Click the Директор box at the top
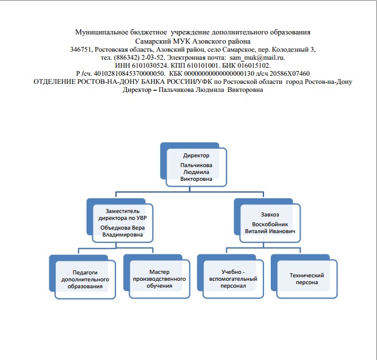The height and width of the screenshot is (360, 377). [x=193, y=165]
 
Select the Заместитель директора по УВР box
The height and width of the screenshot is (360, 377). [x=120, y=220]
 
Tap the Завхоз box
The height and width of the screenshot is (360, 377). [x=267, y=220]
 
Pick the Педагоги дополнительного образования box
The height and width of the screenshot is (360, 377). [x=83, y=277]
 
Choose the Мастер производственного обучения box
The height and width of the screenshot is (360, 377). [x=157, y=277]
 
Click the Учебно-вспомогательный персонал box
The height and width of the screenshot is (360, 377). [x=230, y=277]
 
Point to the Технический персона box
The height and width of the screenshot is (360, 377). [x=304, y=277]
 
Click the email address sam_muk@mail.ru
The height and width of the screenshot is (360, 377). [x=256, y=58]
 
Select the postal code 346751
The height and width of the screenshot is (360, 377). [x=80, y=49]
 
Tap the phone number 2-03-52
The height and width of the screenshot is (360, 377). [x=153, y=58]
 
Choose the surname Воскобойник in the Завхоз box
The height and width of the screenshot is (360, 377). [x=270, y=224]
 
